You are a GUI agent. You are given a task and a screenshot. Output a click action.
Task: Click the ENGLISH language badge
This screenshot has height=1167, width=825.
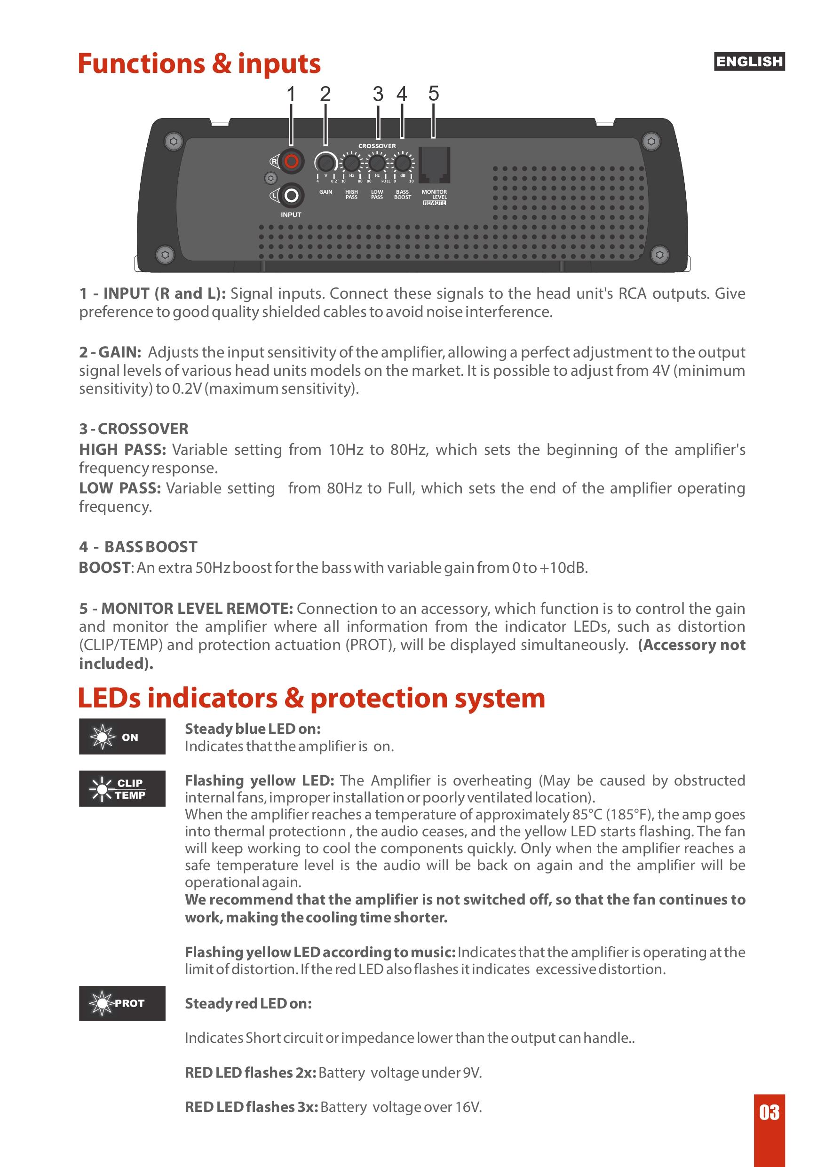coord(749,62)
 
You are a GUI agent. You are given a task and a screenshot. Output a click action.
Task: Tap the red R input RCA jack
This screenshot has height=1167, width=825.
coord(291,162)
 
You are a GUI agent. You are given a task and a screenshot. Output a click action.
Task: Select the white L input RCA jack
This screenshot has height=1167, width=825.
coord(291,195)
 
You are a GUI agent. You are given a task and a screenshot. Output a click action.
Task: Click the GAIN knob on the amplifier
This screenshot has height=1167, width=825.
coord(325,163)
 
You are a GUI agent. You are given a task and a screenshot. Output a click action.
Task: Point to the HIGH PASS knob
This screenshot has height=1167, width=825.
coord(351,163)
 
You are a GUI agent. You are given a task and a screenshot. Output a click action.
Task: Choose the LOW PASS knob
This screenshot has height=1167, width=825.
coord(377,163)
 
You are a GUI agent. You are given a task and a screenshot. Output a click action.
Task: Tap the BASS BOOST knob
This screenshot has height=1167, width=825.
coord(402,163)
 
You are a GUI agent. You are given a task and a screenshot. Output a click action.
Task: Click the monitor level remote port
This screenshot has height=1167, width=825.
coord(434,165)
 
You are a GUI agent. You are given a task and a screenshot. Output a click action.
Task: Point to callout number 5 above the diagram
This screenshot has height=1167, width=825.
coord(433,94)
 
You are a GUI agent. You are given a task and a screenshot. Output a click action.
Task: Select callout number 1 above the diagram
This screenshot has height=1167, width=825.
coord(291,94)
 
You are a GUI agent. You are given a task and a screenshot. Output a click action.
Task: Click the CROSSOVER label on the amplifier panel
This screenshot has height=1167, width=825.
coord(377,146)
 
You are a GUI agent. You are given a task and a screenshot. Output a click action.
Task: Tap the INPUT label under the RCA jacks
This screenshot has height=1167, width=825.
coord(291,214)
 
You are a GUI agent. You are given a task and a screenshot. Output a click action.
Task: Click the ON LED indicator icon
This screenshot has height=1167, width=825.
coord(122,737)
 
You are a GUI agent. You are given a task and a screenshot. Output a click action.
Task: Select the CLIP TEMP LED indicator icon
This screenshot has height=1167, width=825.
coord(122,788)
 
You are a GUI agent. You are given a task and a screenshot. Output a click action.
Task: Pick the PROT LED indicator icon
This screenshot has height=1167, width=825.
coord(122,1003)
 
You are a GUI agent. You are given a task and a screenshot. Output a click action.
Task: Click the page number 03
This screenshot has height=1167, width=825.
coord(769,1112)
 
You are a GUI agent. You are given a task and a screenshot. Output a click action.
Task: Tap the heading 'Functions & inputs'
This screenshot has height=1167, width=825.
coord(199,64)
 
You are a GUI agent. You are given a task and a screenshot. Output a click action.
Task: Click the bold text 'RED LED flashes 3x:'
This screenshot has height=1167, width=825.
coord(251,1106)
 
